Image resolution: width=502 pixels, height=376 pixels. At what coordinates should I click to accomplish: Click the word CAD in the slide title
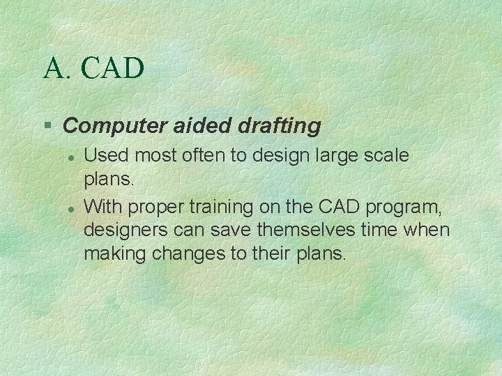pyautogui.click(x=113, y=68)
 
